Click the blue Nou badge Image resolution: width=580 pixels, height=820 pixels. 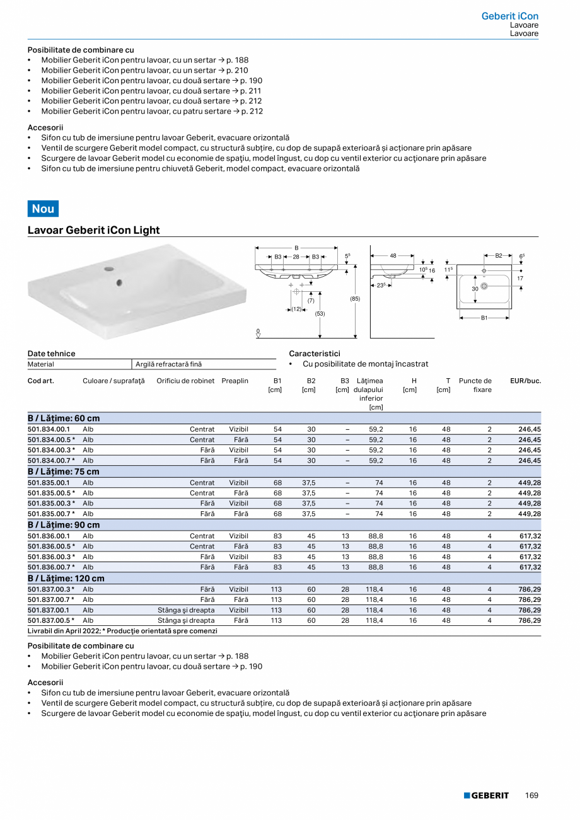pos(43,209)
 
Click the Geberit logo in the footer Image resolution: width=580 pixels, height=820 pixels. pos(486,795)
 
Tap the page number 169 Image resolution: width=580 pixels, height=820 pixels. pos(531,795)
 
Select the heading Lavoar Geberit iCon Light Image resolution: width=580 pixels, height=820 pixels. pos(94,230)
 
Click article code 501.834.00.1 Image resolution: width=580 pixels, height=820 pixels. pos(49,429)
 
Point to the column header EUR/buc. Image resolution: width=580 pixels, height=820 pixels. pos(525,381)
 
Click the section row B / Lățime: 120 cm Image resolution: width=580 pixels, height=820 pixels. pos(66,578)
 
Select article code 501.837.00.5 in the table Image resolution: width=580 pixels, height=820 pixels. pos(50,621)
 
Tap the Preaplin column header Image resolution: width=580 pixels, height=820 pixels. pos(235,381)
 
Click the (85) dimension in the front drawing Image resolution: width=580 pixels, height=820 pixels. pos(355,298)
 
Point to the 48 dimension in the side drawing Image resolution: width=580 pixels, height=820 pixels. pos(393,255)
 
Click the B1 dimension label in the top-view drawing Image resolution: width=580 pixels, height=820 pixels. pos(484,318)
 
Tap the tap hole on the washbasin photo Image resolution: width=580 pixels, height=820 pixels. pos(111,269)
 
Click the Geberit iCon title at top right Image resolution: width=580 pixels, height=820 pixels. pos(509,16)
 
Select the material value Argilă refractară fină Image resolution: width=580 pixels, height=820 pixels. pos(169,364)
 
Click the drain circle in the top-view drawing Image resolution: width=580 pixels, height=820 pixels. pos(484,287)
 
